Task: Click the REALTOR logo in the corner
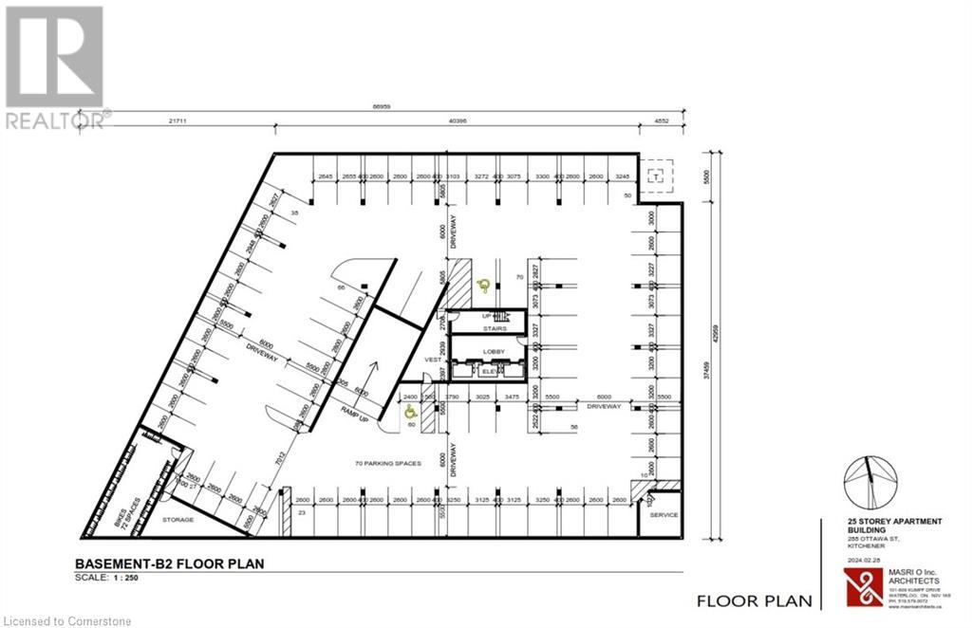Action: (x=55, y=66)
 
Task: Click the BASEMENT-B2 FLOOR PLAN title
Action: (x=169, y=563)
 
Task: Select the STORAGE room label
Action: (x=178, y=520)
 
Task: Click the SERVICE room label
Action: (x=664, y=515)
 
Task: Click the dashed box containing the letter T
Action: (x=655, y=175)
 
